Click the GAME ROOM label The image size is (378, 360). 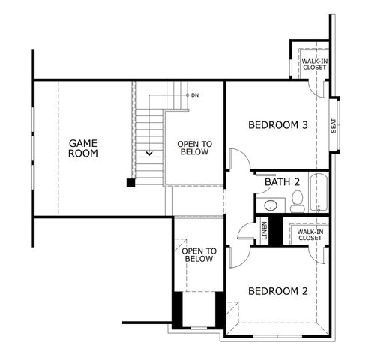pos(83,148)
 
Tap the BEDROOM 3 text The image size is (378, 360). pos(278,125)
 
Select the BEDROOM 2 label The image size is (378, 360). pos(278,292)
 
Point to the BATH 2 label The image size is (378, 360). pos(282,182)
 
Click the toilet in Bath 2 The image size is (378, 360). pos(297,200)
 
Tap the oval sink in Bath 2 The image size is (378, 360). pos(270,205)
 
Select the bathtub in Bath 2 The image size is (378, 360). pos(319,193)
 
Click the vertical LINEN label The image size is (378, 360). pos(263,230)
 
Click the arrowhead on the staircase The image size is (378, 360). pos(149,153)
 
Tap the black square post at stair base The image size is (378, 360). pos(130,181)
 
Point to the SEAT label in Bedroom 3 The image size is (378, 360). pos(334,126)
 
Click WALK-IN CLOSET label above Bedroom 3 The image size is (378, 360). pos(314,64)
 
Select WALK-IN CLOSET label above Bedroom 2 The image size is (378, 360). pos(310,235)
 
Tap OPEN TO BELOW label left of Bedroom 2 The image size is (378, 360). pos(199,254)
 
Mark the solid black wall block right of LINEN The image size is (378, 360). pos(276,230)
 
